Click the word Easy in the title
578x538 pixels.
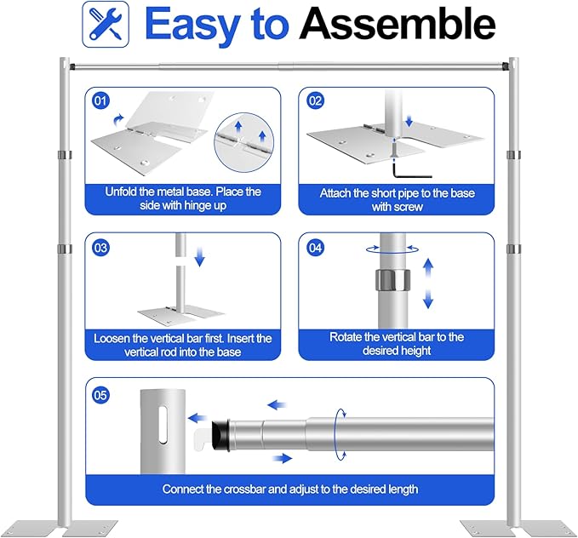(x=195, y=26)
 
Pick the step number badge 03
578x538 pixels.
(x=101, y=249)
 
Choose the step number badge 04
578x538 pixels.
(x=316, y=249)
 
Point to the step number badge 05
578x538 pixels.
(x=101, y=393)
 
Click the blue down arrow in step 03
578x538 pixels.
(x=200, y=257)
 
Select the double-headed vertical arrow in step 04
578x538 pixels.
(x=428, y=284)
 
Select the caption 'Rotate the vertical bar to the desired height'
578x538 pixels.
(x=397, y=344)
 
